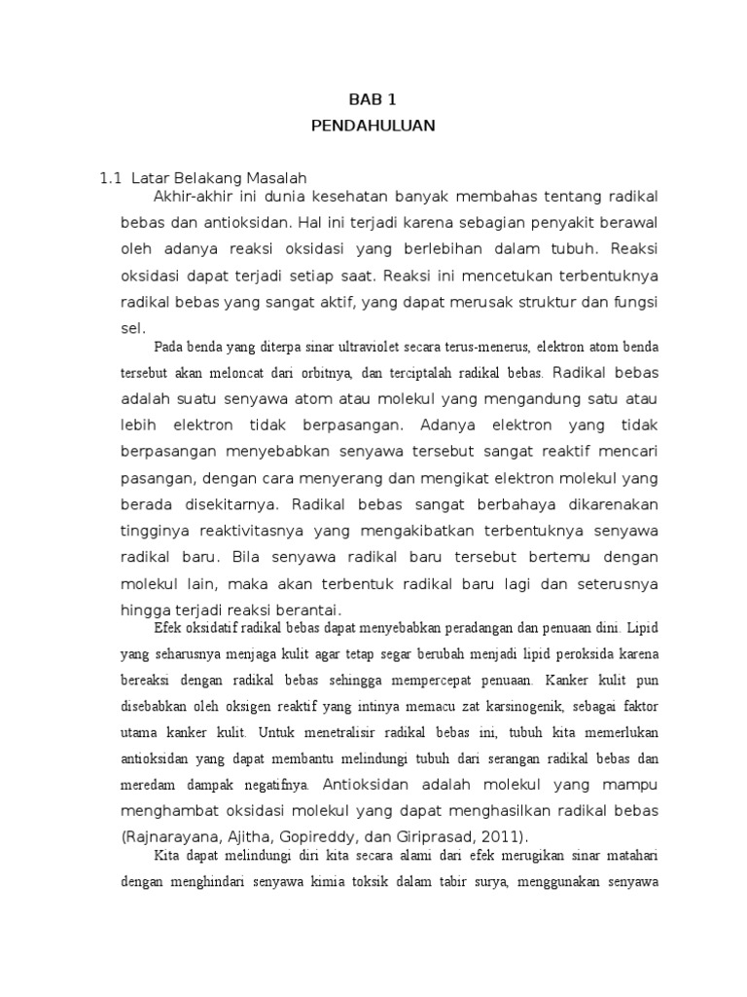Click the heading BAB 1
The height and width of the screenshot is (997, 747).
[x=373, y=99]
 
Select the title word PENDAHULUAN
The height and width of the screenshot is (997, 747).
[x=373, y=126]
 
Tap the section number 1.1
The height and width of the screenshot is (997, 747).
[x=110, y=178]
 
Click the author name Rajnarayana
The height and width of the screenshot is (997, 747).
[x=173, y=836]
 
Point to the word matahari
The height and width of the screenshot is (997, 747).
[x=630, y=857]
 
